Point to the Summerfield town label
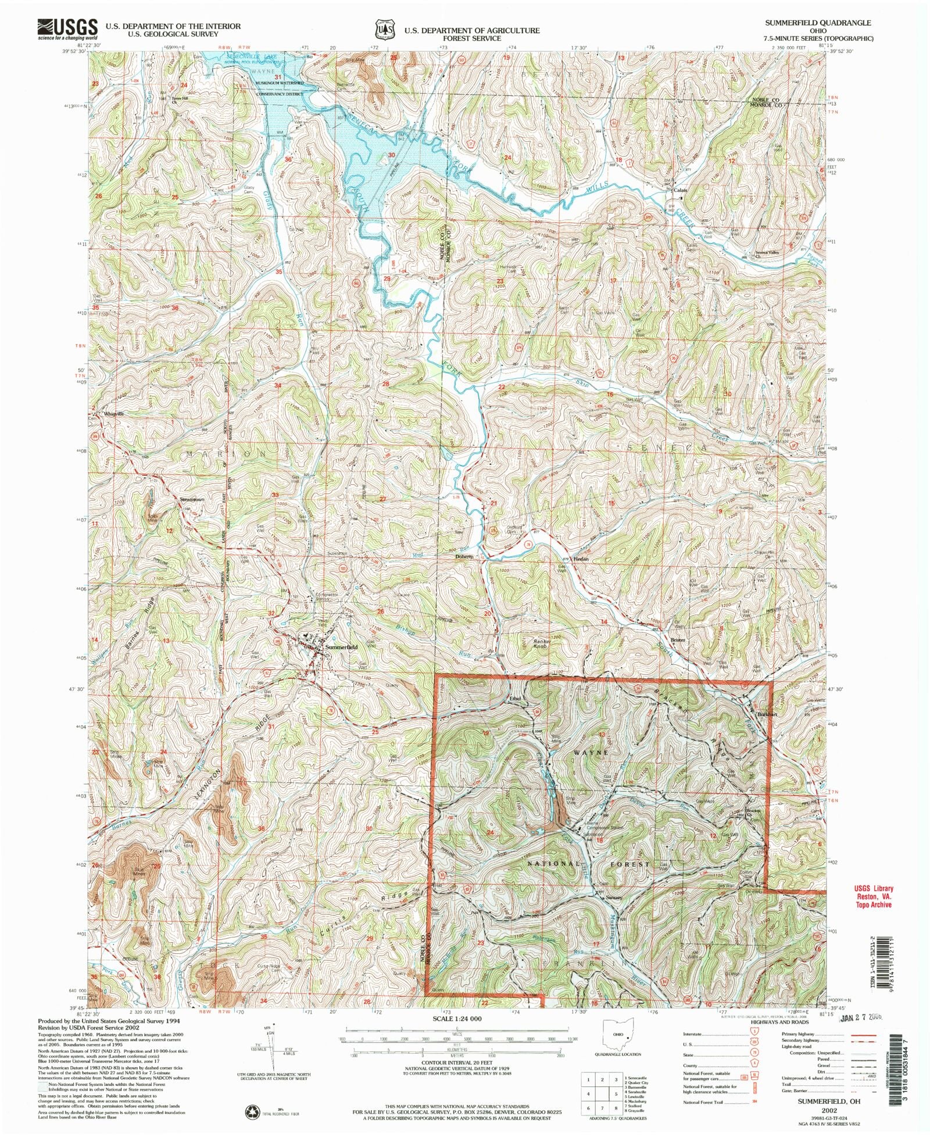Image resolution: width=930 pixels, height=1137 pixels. tap(341, 646)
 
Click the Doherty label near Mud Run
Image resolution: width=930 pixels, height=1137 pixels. tap(463, 556)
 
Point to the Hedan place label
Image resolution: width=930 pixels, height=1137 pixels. tap(581, 559)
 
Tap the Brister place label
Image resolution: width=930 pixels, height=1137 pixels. tap(678, 639)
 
